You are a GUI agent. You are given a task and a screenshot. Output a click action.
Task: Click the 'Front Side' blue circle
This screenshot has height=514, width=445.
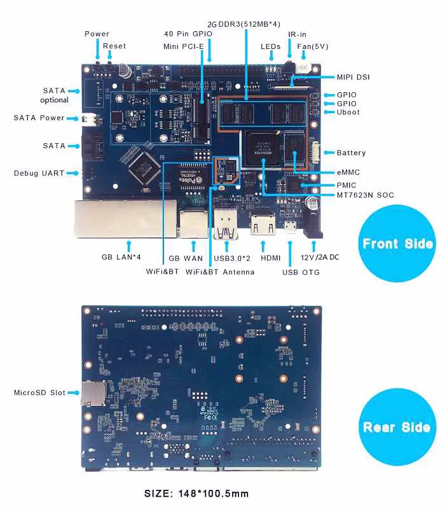[398, 244]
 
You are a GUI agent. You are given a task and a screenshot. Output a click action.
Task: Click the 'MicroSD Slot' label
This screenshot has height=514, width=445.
[39, 392]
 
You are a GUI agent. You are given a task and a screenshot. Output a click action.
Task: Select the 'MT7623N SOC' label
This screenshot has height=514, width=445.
[365, 195]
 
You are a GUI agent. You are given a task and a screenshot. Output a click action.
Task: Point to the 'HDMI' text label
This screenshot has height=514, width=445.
[261, 258]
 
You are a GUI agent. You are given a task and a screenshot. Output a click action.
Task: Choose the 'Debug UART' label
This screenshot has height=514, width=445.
[39, 173]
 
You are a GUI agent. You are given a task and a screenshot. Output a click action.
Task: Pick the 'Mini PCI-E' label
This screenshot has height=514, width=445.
[184, 46]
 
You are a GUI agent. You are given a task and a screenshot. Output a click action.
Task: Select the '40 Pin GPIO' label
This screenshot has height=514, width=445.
[188, 34]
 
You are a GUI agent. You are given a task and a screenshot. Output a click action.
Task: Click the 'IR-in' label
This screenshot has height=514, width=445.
[299, 34]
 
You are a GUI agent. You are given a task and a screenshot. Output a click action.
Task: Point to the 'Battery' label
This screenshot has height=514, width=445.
[351, 153]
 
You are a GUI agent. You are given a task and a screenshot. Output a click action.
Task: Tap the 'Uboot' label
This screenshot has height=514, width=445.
[348, 112]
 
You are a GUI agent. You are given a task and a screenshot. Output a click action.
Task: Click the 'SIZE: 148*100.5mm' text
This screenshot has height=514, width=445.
[196, 493]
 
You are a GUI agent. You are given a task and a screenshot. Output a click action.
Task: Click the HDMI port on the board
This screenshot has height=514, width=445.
[261, 224]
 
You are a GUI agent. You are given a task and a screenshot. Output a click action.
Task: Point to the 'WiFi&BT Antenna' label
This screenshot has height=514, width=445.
[220, 272]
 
